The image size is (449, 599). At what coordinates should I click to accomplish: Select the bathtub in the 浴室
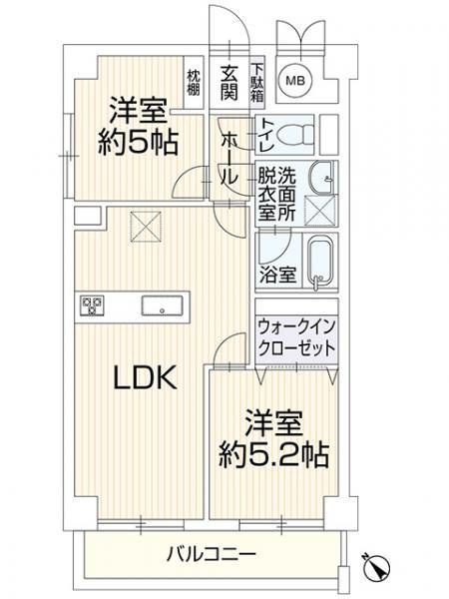[x=318, y=263]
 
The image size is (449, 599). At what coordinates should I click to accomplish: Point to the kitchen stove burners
[x=92, y=305]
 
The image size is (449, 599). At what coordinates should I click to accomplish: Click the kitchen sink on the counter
[x=160, y=304]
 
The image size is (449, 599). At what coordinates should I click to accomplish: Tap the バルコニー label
[x=211, y=553]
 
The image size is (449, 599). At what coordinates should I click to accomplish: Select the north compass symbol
[x=378, y=565]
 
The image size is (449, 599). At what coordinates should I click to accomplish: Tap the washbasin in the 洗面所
[x=322, y=178]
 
